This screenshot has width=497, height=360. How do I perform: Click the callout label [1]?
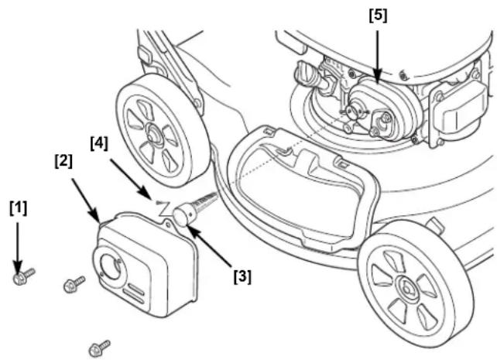pyautogui.click(x=19, y=208)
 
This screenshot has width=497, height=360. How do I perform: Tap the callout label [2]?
pyautogui.click(x=63, y=161)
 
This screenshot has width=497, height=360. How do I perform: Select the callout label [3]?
pyautogui.click(x=242, y=276)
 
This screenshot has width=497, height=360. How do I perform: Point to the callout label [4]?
pyautogui.click(x=99, y=143)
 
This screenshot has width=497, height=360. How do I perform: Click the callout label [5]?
pyautogui.click(x=378, y=15)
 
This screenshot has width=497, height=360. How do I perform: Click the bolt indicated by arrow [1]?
pyautogui.click(x=23, y=276)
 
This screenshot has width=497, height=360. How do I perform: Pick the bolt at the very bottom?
pyautogui.click(x=99, y=348)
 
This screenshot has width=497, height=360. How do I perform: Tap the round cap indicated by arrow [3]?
pyautogui.click(x=182, y=216)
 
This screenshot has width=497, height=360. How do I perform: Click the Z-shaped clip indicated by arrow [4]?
pyautogui.click(x=164, y=207)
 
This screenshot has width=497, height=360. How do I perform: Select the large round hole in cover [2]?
pyautogui.click(x=111, y=267)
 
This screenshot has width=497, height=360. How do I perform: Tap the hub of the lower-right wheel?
pyautogui.click(x=406, y=288)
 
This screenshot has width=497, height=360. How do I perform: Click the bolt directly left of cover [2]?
pyautogui.click(x=74, y=284)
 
